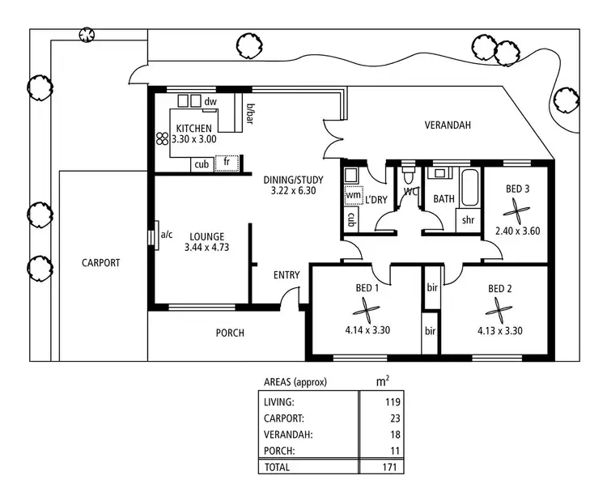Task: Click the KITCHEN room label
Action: pyautogui.click(x=194, y=129)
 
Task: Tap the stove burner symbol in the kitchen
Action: pyautogui.click(x=161, y=138)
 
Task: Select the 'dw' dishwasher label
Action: pyautogui.click(x=210, y=101)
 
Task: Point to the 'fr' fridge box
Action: pyautogui.click(x=227, y=163)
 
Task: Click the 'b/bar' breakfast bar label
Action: pyautogui.click(x=250, y=114)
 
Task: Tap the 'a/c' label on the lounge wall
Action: pyautogui.click(x=167, y=235)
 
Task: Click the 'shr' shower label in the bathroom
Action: pyautogui.click(x=467, y=219)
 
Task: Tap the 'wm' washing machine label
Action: pyautogui.click(x=353, y=195)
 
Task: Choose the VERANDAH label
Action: pyautogui.click(x=448, y=125)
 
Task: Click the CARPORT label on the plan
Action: pyautogui.click(x=101, y=263)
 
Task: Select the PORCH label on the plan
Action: pyautogui.click(x=230, y=333)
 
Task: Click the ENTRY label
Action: pyautogui.click(x=287, y=275)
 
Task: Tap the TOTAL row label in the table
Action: pyautogui.click(x=277, y=467)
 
